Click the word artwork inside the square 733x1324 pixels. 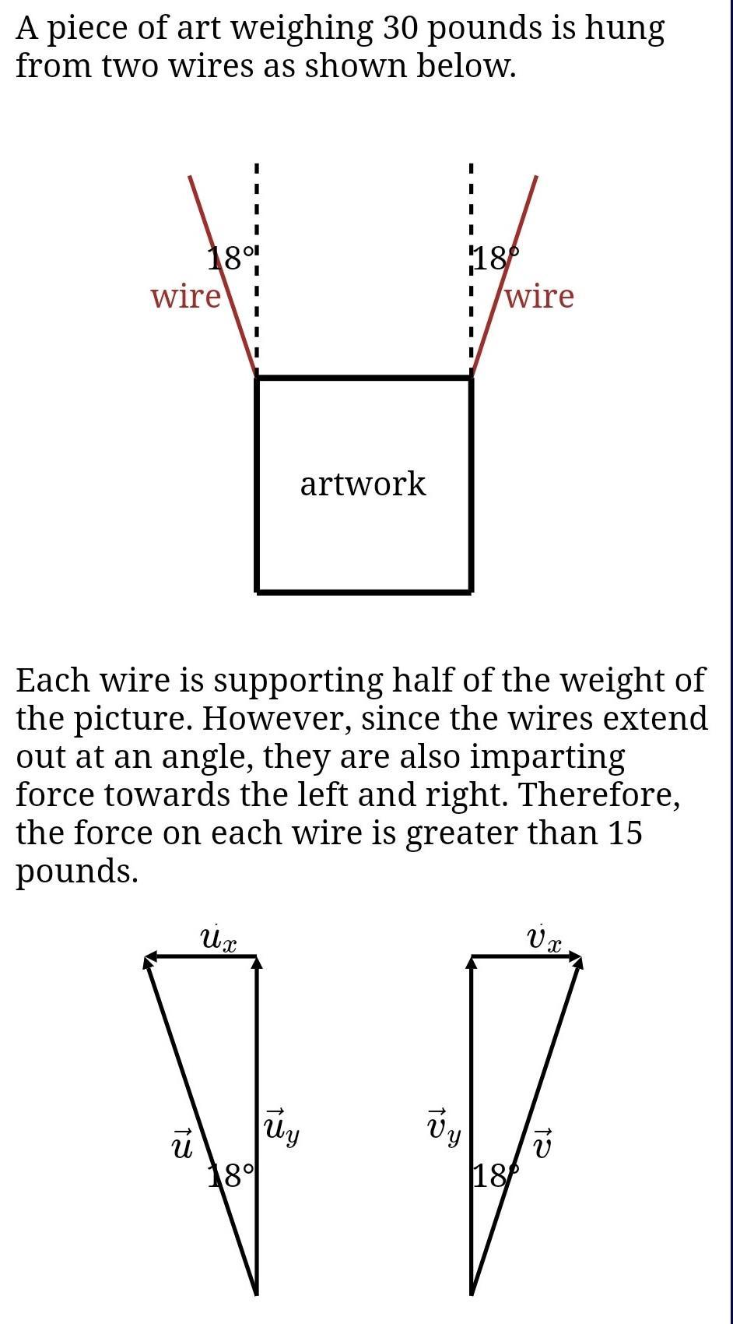point(363,484)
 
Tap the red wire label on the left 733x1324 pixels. point(186,296)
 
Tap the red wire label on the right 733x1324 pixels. point(539,296)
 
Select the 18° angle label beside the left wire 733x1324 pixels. point(231,258)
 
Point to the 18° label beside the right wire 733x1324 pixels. point(496,258)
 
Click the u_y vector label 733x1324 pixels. point(281,1128)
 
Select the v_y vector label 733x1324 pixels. point(443,1128)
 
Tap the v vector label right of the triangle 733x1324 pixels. point(544,1143)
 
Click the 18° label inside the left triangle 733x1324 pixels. point(231,1175)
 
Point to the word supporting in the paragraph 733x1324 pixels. point(298,681)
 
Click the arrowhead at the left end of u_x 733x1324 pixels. point(148,957)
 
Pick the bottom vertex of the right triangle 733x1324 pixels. point(472,1293)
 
